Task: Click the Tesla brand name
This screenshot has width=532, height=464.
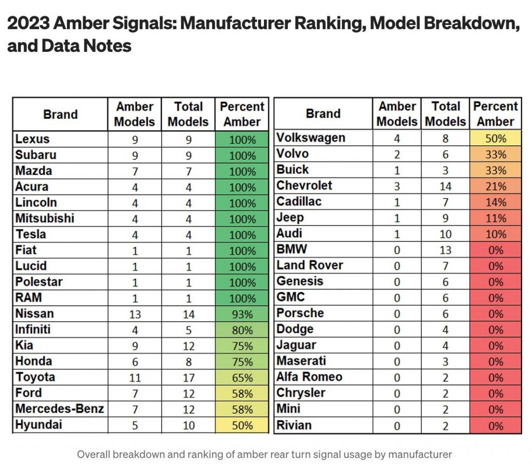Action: pos(32,235)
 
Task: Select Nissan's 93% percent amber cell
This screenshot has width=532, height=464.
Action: pos(242,314)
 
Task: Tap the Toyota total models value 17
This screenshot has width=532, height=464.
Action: pos(188,378)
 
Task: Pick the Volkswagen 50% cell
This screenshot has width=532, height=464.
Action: pos(496,139)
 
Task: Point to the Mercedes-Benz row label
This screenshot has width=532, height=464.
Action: pos(60,409)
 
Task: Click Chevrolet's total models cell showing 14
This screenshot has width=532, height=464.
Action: pos(446,186)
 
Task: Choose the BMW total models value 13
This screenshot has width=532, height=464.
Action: pos(446,250)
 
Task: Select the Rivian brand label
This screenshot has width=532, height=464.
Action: pos(294,425)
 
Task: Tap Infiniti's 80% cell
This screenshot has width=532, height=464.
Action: pos(242,330)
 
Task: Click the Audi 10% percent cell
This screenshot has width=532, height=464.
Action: pos(496,234)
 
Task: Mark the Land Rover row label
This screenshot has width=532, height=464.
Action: pos(310,265)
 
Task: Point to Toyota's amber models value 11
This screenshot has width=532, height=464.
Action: pos(135,378)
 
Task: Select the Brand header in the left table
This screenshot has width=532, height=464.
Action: pos(60,114)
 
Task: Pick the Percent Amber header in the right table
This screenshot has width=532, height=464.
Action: pos(496,114)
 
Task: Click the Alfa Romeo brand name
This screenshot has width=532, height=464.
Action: pos(309,377)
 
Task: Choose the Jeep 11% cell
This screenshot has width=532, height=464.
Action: pos(496,218)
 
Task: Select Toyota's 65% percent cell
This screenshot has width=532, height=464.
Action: pos(242,378)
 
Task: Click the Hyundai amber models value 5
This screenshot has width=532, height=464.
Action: pos(135,426)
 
